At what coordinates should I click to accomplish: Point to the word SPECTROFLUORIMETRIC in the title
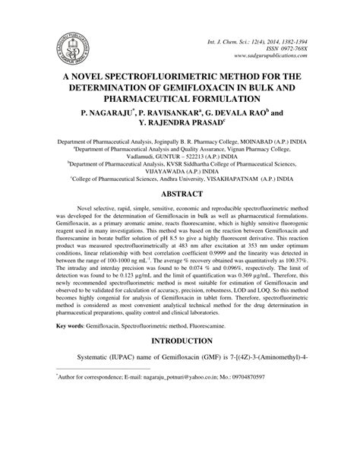pyautogui.click(x=175, y=77)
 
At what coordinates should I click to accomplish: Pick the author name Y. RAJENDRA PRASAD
pyautogui.click(x=180, y=124)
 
